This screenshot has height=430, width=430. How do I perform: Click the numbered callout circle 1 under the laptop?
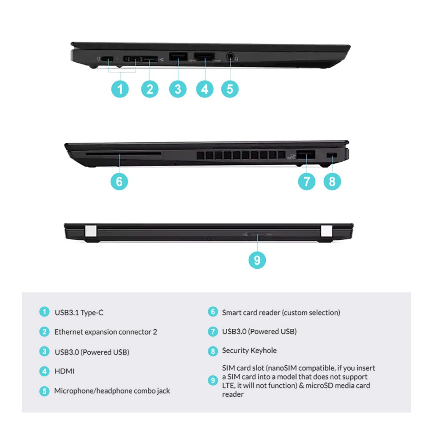(120, 89)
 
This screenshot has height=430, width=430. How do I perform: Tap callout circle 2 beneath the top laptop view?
(150, 89)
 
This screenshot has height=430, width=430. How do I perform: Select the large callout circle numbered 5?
(230, 89)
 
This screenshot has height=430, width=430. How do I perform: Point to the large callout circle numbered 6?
(119, 181)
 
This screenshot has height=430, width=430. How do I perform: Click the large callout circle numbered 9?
(257, 260)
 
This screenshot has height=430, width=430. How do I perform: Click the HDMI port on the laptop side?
(205, 57)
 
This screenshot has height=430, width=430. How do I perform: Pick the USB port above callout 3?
(178, 57)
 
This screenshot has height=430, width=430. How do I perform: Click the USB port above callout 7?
(306, 155)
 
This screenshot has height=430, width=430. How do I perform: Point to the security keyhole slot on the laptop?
(332, 155)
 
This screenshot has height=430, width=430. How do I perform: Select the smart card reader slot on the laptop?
(123, 154)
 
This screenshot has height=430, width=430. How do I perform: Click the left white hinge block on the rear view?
(91, 231)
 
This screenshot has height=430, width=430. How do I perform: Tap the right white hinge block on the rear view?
(327, 231)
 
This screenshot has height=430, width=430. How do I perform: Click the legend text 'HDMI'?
(64, 371)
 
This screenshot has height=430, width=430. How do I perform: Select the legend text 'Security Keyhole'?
(249, 351)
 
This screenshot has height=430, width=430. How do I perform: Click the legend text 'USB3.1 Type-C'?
(79, 312)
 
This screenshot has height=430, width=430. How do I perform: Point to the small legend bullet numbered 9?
(213, 380)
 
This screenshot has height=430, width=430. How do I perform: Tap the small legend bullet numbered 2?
(45, 332)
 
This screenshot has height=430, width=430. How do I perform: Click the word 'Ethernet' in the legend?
(68, 332)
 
